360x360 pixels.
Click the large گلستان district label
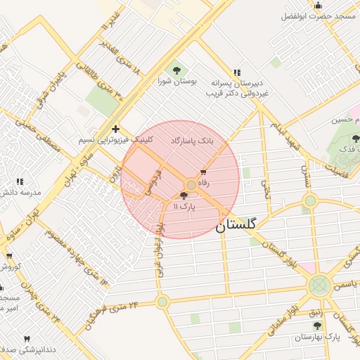[x=236, y=225]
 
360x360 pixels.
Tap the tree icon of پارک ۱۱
[x=184, y=196]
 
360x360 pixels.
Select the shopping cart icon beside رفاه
[x=204, y=172]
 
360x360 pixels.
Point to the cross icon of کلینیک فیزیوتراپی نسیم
[x=115, y=129]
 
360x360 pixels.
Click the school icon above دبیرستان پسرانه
[x=237, y=72]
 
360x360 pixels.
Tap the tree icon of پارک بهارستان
[x=317, y=326]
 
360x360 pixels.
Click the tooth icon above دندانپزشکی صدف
[x=28, y=338]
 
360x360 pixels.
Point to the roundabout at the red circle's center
[x=191, y=184]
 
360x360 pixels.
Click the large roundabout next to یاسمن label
[x=320, y=285]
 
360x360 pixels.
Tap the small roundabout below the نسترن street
[x=309, y=200]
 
